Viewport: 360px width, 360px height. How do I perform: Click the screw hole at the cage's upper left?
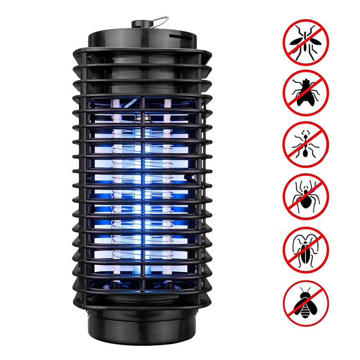(x=90, y=58)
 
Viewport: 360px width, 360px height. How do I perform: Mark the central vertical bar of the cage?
(x=144, y=189)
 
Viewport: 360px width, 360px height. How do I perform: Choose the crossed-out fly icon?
(x=306, y=92)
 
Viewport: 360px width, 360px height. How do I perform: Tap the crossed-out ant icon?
(x=306, y=144)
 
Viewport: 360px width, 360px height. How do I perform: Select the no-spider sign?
(x=306, y=196)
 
